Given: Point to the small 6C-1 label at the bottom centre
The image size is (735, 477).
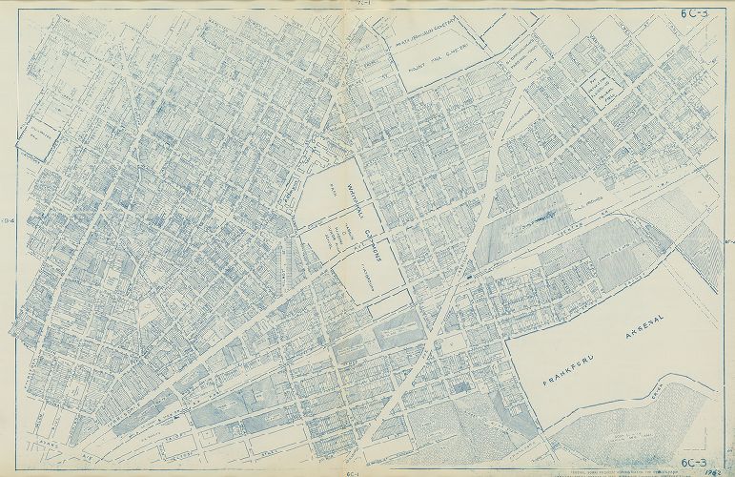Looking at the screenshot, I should tap(352, 471).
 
